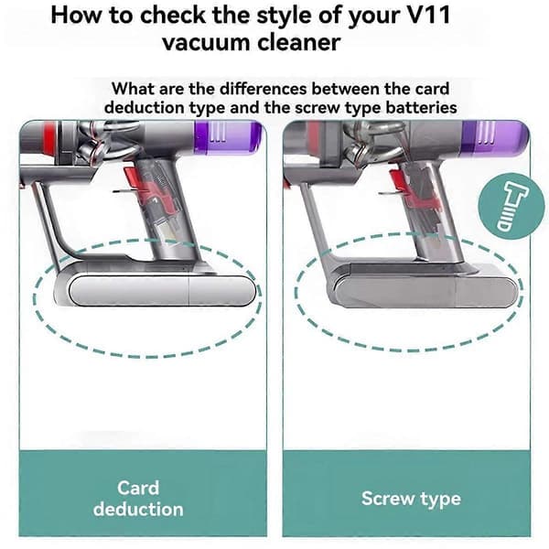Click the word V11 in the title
pyautogui.click(x=428, y=15)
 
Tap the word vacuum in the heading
pyautogui.click(x=206, y=42)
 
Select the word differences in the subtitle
pyautogui.click(x=264, y=89)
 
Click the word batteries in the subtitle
pyautogui.click(x=421, y=107)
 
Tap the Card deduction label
pyautogui.click(x=138, y=499)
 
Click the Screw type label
pyautogui.click(x=411, y=499)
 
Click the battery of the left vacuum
pyautogui.click(x=156, y=288)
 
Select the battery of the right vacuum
pyautogui.click(x=425, y=289)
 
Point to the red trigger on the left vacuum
pyautogui.click(x=133, y=179)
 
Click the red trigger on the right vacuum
pyautogui.click(x=397, y=179)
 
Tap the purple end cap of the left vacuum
pyautogui.click(x=228, y=137)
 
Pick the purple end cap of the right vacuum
pyautogui.click(x=495, y=137)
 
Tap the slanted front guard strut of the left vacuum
pyautogui.click(x=48, y=224)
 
